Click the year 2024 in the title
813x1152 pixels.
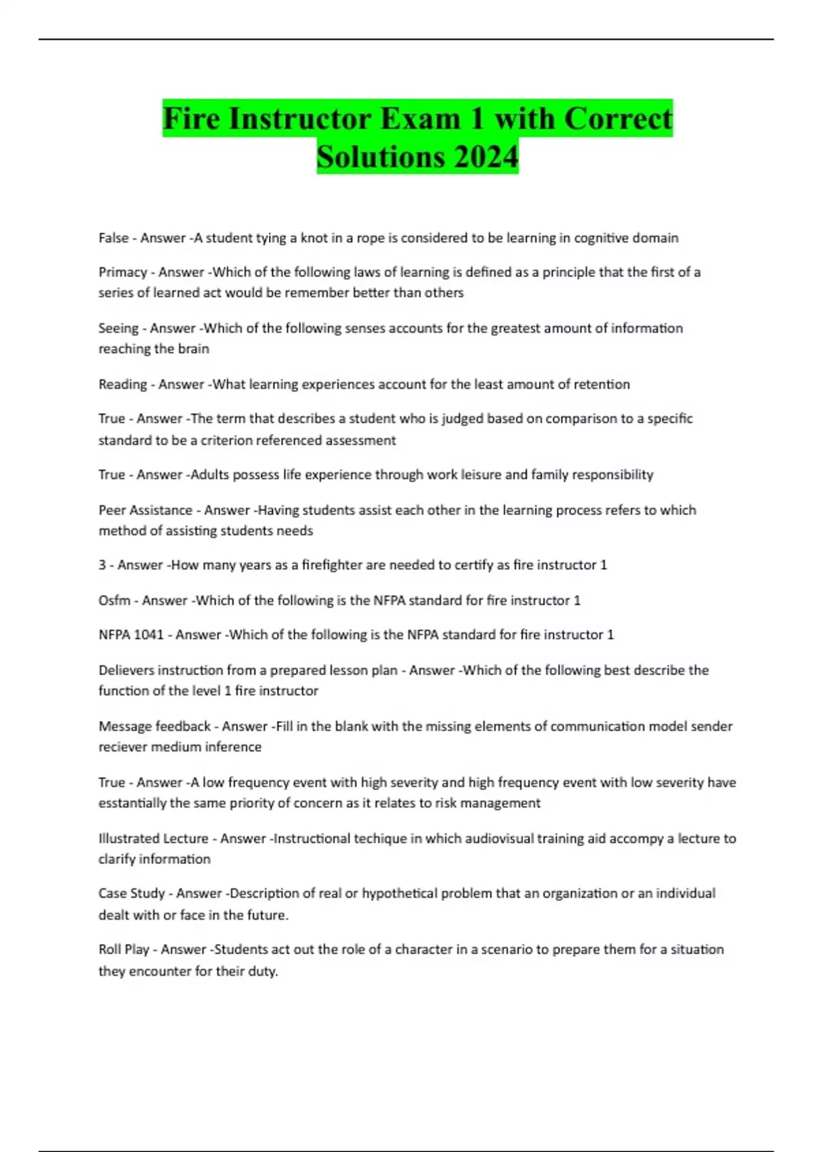coord(486,157)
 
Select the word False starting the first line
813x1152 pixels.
coord(113,238)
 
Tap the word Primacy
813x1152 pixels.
coord(123,272)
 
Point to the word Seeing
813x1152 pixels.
coord(119,328)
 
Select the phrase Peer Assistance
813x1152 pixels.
coord(146,510)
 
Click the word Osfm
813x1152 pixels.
coord(114,600)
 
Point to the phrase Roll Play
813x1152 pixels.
coord(124,949)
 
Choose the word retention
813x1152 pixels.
coord(602,384)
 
